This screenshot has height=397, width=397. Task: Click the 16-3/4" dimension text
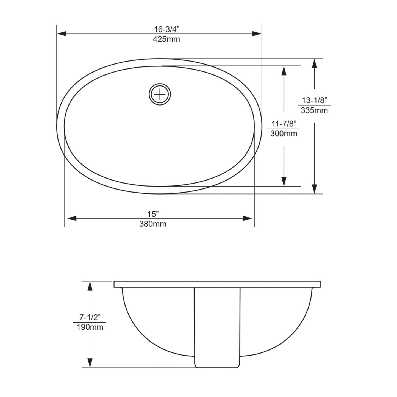166,29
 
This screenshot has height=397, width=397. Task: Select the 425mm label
166,39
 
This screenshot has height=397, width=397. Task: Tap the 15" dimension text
153,214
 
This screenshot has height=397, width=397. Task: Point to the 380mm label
153,224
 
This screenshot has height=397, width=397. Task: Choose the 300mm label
284,134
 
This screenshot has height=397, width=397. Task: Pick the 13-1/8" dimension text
315,100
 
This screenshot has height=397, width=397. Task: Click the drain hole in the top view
160,94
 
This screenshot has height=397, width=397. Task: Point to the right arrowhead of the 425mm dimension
257,34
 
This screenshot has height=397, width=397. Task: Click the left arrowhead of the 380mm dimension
71,218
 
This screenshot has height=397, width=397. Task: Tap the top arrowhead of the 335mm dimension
315,64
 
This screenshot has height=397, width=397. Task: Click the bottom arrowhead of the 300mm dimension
284,181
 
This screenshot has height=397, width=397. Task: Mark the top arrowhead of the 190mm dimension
90,286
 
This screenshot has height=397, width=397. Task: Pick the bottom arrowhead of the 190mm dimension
90,363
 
